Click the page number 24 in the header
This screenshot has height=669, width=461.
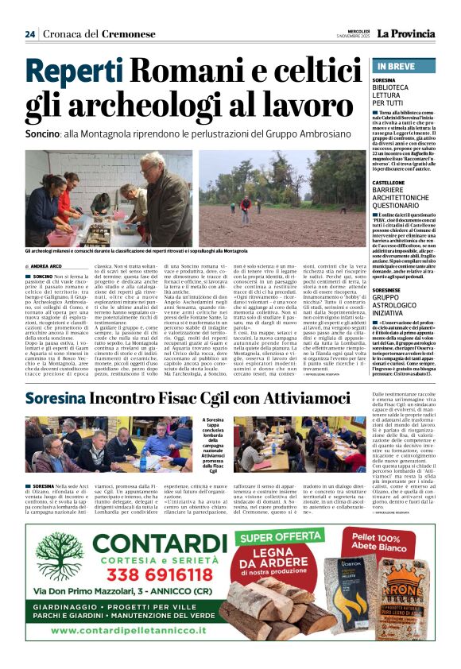30,34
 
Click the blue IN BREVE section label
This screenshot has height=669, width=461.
396,66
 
